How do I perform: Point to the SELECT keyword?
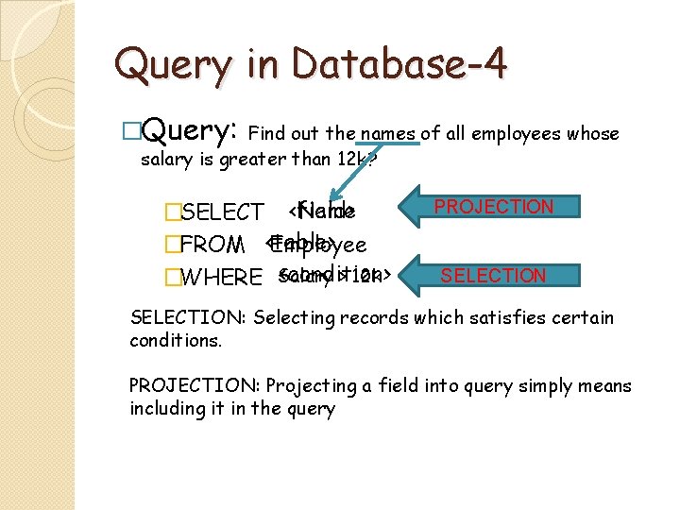coord(222,212)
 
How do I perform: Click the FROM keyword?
coord(212,246)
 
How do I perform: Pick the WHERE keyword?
coord(220,278)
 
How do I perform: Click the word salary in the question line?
coord(164,159)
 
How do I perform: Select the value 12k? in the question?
coord(358,159)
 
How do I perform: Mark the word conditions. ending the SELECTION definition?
coord(176,340)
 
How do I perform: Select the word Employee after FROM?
coord(318,246)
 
